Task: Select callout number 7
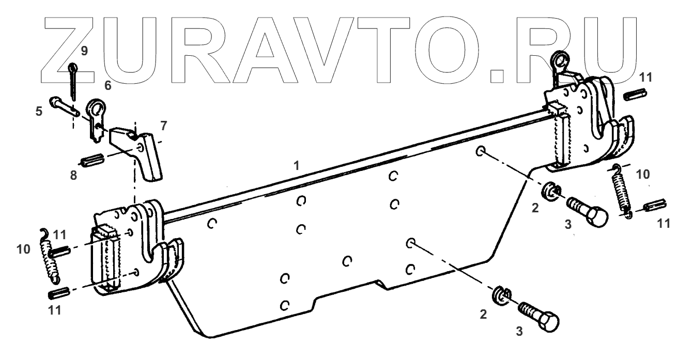click(164, 126)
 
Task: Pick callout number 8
click(74, 176)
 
